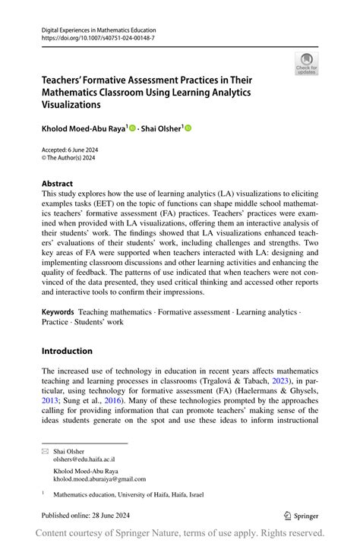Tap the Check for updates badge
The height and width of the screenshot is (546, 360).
306,64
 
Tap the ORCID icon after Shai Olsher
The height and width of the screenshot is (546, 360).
188,128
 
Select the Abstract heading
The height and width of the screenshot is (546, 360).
57,184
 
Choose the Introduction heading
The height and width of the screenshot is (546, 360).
67,351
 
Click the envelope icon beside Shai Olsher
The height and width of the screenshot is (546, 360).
44,451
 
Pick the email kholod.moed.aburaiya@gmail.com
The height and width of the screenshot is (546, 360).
99,479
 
